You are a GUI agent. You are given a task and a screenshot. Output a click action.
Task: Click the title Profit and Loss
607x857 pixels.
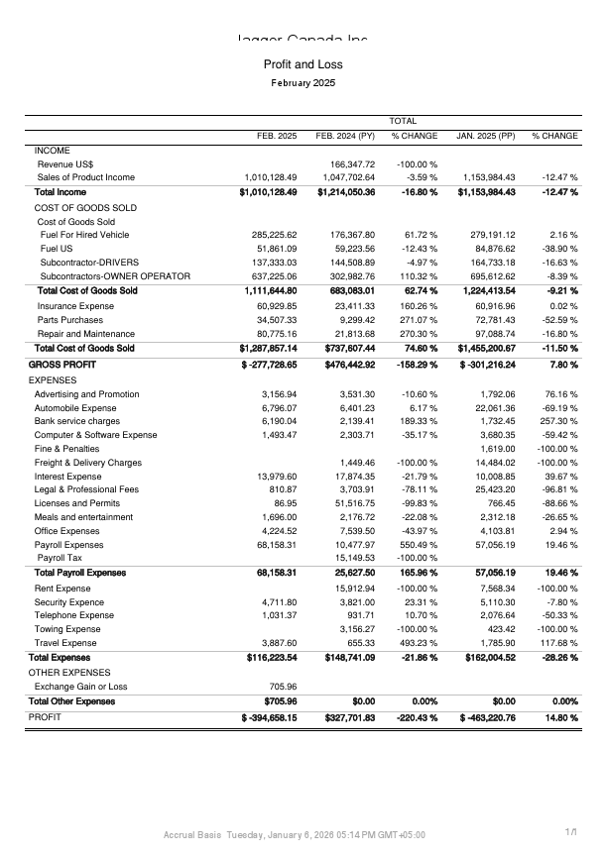coord(303,64)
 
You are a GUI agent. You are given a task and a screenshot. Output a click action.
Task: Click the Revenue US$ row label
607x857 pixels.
coord(65,163)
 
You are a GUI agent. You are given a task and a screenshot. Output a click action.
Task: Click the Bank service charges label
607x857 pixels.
coord(76,421)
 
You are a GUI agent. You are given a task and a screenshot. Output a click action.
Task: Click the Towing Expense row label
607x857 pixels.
coord(67,628)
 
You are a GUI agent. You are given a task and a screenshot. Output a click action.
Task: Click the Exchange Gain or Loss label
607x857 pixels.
coord(80,686)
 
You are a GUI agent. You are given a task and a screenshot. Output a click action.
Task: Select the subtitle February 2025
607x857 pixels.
coord(303,83)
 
